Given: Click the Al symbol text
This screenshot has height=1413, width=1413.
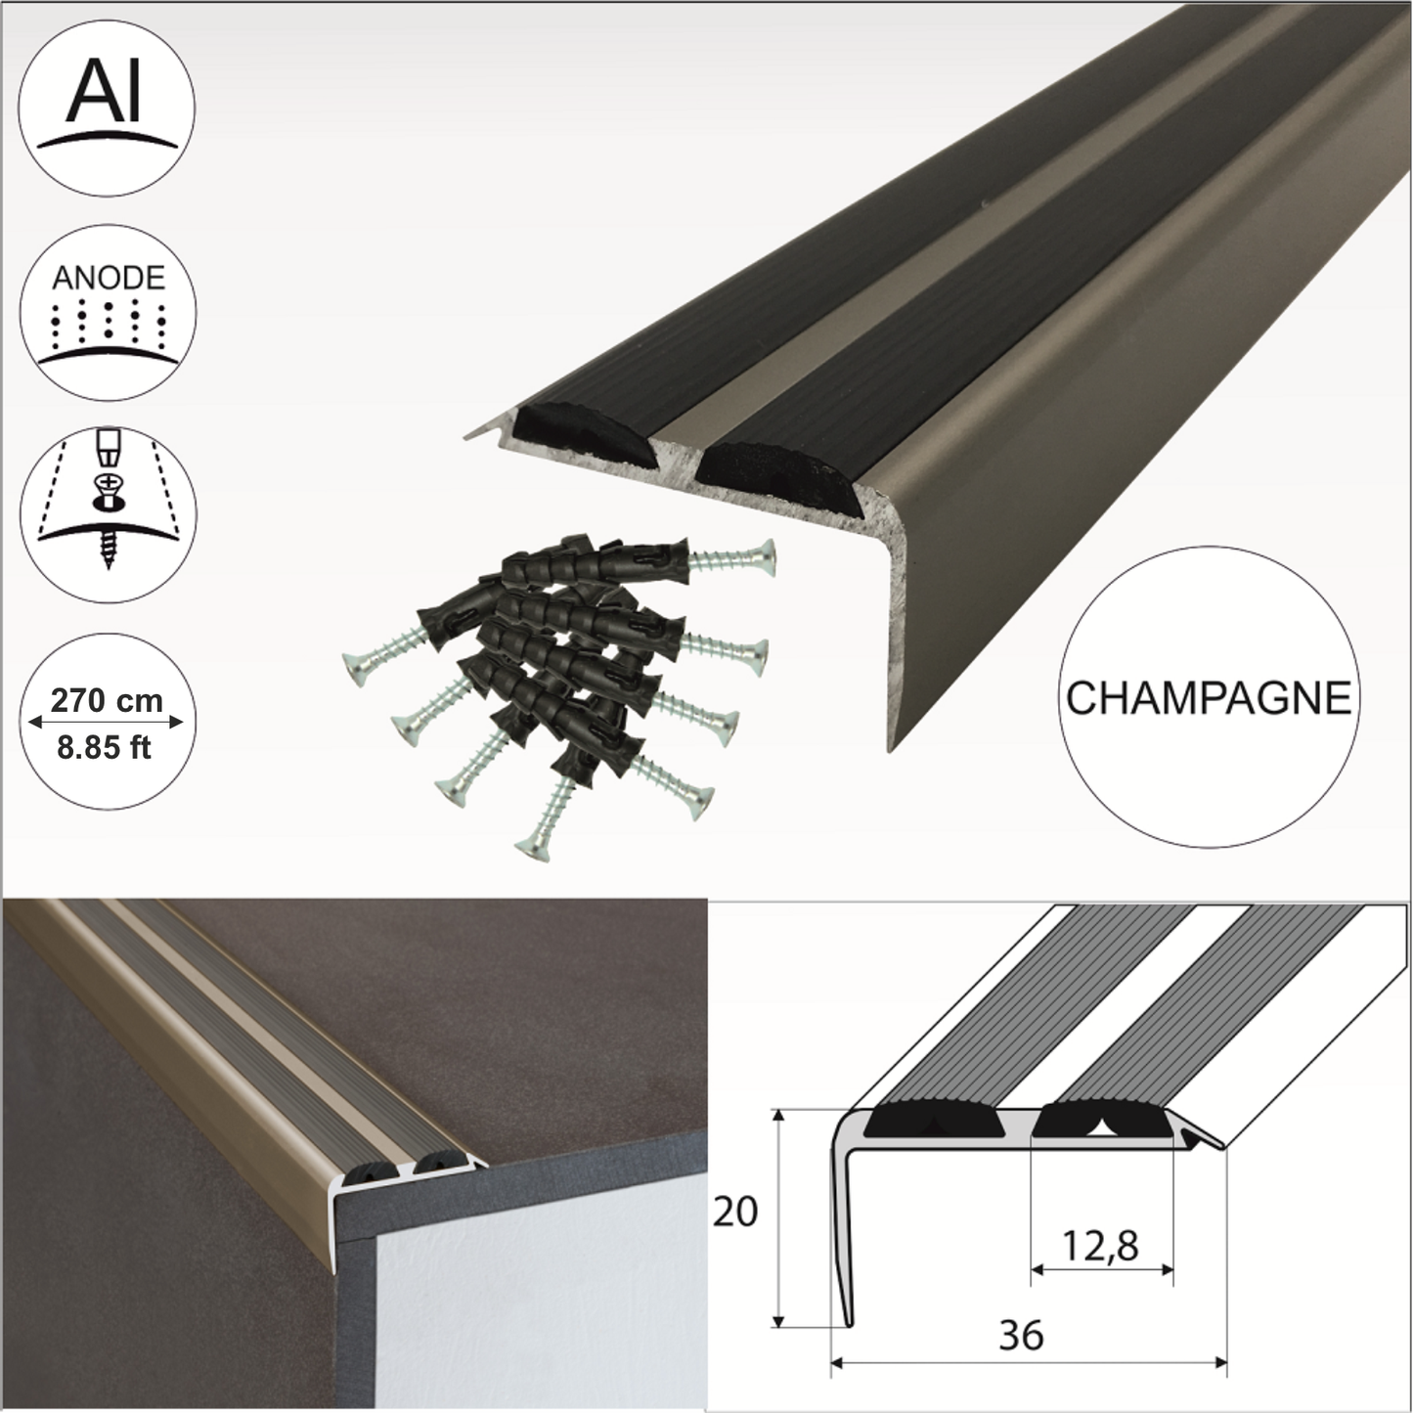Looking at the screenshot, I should click(107, 94).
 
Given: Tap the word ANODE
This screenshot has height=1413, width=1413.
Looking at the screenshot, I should click(108, 278).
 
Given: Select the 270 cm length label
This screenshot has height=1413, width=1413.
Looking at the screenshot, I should click(107, 699).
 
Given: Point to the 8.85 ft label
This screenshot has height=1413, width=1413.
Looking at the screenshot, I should click(105, 748).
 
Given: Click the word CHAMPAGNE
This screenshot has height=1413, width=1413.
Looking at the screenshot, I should click(1208, 699).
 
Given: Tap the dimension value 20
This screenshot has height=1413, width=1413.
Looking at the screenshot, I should click(735, 1214).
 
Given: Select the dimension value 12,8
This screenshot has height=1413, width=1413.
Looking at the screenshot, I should click(1102, 1246).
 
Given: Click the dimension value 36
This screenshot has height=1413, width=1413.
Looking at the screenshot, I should click(1021, 1336).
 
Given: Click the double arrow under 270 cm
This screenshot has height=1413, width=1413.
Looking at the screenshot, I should click(107, 723).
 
